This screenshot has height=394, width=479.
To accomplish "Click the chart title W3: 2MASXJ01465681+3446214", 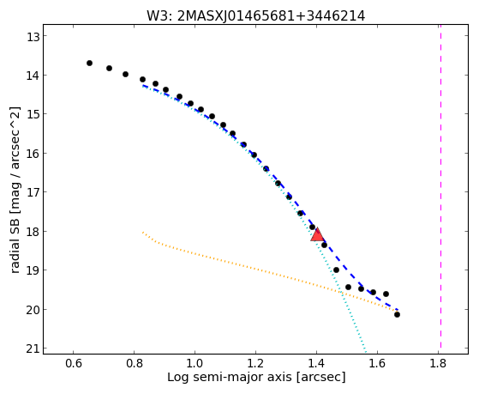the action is (x=255, y=15).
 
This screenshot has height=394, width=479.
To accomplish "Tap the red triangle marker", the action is (x=317, y=235).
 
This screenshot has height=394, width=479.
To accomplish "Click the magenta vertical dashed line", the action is (x=440, y=189).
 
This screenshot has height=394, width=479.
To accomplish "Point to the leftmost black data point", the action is (x=89, y=63).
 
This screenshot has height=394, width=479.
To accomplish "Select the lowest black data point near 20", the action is (x=397, y=314).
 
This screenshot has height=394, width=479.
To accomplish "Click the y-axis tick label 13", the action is (x=33, y=36).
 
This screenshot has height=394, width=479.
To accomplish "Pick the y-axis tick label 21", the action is (x=33, y=349).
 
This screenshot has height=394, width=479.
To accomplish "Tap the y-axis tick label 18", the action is (x=33, y=232).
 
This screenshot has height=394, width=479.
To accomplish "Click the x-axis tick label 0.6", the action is (x=74, y=364).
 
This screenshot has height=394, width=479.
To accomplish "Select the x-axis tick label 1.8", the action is (x=439, y=364).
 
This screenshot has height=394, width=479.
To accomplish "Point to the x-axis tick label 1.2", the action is (x=255, y=364).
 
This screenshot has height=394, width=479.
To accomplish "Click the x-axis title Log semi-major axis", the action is (x=230, y=378).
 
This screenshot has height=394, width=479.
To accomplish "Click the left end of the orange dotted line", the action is (x=142, y=233).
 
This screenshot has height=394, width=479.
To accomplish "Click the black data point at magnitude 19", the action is (x=336, y=270).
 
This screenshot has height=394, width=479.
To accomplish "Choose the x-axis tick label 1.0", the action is (x=195, y=364).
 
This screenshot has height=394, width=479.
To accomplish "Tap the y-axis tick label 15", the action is (x=33, y=114).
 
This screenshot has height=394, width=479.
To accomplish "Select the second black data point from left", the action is (x=109, y=68).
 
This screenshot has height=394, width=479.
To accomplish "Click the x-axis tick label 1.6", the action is (x=378, y=364).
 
